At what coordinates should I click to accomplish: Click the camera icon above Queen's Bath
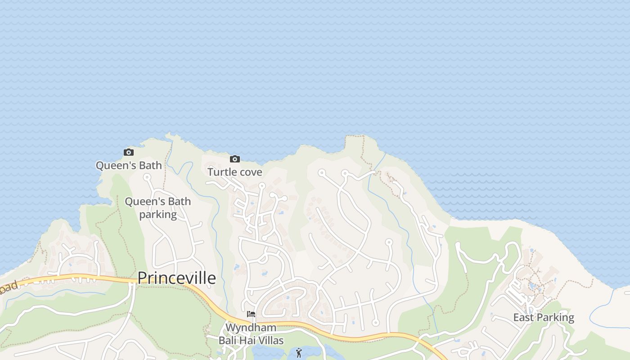129,153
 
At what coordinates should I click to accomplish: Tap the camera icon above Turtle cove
234,159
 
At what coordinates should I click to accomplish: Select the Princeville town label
176,278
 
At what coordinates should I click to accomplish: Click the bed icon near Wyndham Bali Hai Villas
251,314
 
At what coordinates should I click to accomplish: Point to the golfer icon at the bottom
299,353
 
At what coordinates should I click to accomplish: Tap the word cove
251,172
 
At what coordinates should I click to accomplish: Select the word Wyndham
251,327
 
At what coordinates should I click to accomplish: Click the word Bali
228,340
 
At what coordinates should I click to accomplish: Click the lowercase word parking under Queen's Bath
158,215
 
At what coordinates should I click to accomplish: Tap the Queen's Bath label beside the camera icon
129,166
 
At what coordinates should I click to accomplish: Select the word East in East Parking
523,318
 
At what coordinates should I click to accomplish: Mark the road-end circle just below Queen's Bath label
147,177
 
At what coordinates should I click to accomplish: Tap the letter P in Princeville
143,278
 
